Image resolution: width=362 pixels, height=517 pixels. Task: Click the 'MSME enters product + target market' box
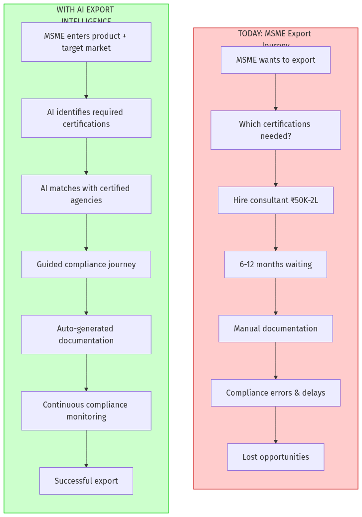(x=86, y=42)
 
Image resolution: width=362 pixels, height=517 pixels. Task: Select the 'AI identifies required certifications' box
(x=86, y=118)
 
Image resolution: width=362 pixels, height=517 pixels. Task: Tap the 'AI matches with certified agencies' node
(x=86, y=194)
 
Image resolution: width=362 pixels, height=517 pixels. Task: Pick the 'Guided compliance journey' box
(x=86, y=264)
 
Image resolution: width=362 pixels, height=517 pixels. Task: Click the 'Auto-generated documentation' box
(x=86, y=334)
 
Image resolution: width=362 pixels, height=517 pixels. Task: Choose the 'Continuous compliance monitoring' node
(x=86, y=411)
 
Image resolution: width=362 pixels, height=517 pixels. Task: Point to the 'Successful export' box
(x=86, y=481)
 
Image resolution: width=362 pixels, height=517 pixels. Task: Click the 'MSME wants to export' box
(x=275, y=60)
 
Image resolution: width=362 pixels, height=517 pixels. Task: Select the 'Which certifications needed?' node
(x=275, y=130)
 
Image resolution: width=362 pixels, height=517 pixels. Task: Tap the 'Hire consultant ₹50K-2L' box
(x=275, y=200)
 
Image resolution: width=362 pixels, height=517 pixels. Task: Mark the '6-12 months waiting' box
(x=275, y=264)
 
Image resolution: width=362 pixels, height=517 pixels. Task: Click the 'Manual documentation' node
(x=275, y=328)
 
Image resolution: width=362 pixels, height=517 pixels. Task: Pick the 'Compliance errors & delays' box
(x=275, y=393)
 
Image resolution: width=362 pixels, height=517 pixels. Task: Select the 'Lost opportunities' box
(x=275, y=457)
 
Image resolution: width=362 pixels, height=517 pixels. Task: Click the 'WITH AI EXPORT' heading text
(x=85, y=10)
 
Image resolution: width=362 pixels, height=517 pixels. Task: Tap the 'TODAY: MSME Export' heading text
(x=275, y=34)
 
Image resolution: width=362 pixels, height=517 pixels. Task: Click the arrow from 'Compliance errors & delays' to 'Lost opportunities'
(x=275, y=424)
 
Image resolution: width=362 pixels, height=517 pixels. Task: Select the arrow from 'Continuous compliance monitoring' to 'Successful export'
(x=86, y=448)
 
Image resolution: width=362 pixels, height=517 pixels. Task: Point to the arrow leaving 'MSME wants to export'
(x=275, y=92)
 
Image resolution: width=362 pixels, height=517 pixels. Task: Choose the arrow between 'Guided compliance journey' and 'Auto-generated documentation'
(x=86, y=296)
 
